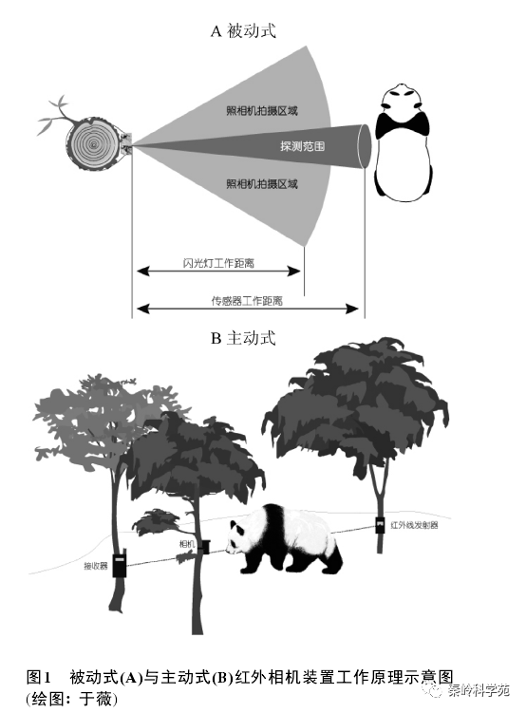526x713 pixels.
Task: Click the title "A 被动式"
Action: [x=243, y=31]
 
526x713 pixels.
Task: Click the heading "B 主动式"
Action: [x=243, y=338]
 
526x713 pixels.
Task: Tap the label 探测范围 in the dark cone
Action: [x=302, y=146]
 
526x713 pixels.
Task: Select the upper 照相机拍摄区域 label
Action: [x=262, y=110]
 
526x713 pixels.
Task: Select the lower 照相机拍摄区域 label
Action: [x=262, y=184]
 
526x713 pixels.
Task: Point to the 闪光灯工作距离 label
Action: [x=218, y=263]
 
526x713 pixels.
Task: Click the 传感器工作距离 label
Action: [x=247, y=301]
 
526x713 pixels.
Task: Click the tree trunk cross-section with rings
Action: [x=94, y=143]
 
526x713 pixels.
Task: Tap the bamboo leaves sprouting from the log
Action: [x=57, y=115]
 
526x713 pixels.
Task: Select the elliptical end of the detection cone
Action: [x=365, y=146]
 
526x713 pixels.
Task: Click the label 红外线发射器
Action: [x=414, y=525]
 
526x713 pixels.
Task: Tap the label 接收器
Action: [x=96, y=566]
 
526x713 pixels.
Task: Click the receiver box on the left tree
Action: [x=120, y=563]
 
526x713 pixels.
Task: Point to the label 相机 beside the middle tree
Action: [x=187, y=544]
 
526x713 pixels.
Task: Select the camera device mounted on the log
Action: [x=127, y=143]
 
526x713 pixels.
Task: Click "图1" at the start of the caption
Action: [x=38, y=677]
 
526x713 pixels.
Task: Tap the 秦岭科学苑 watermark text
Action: [x=479, y=690]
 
